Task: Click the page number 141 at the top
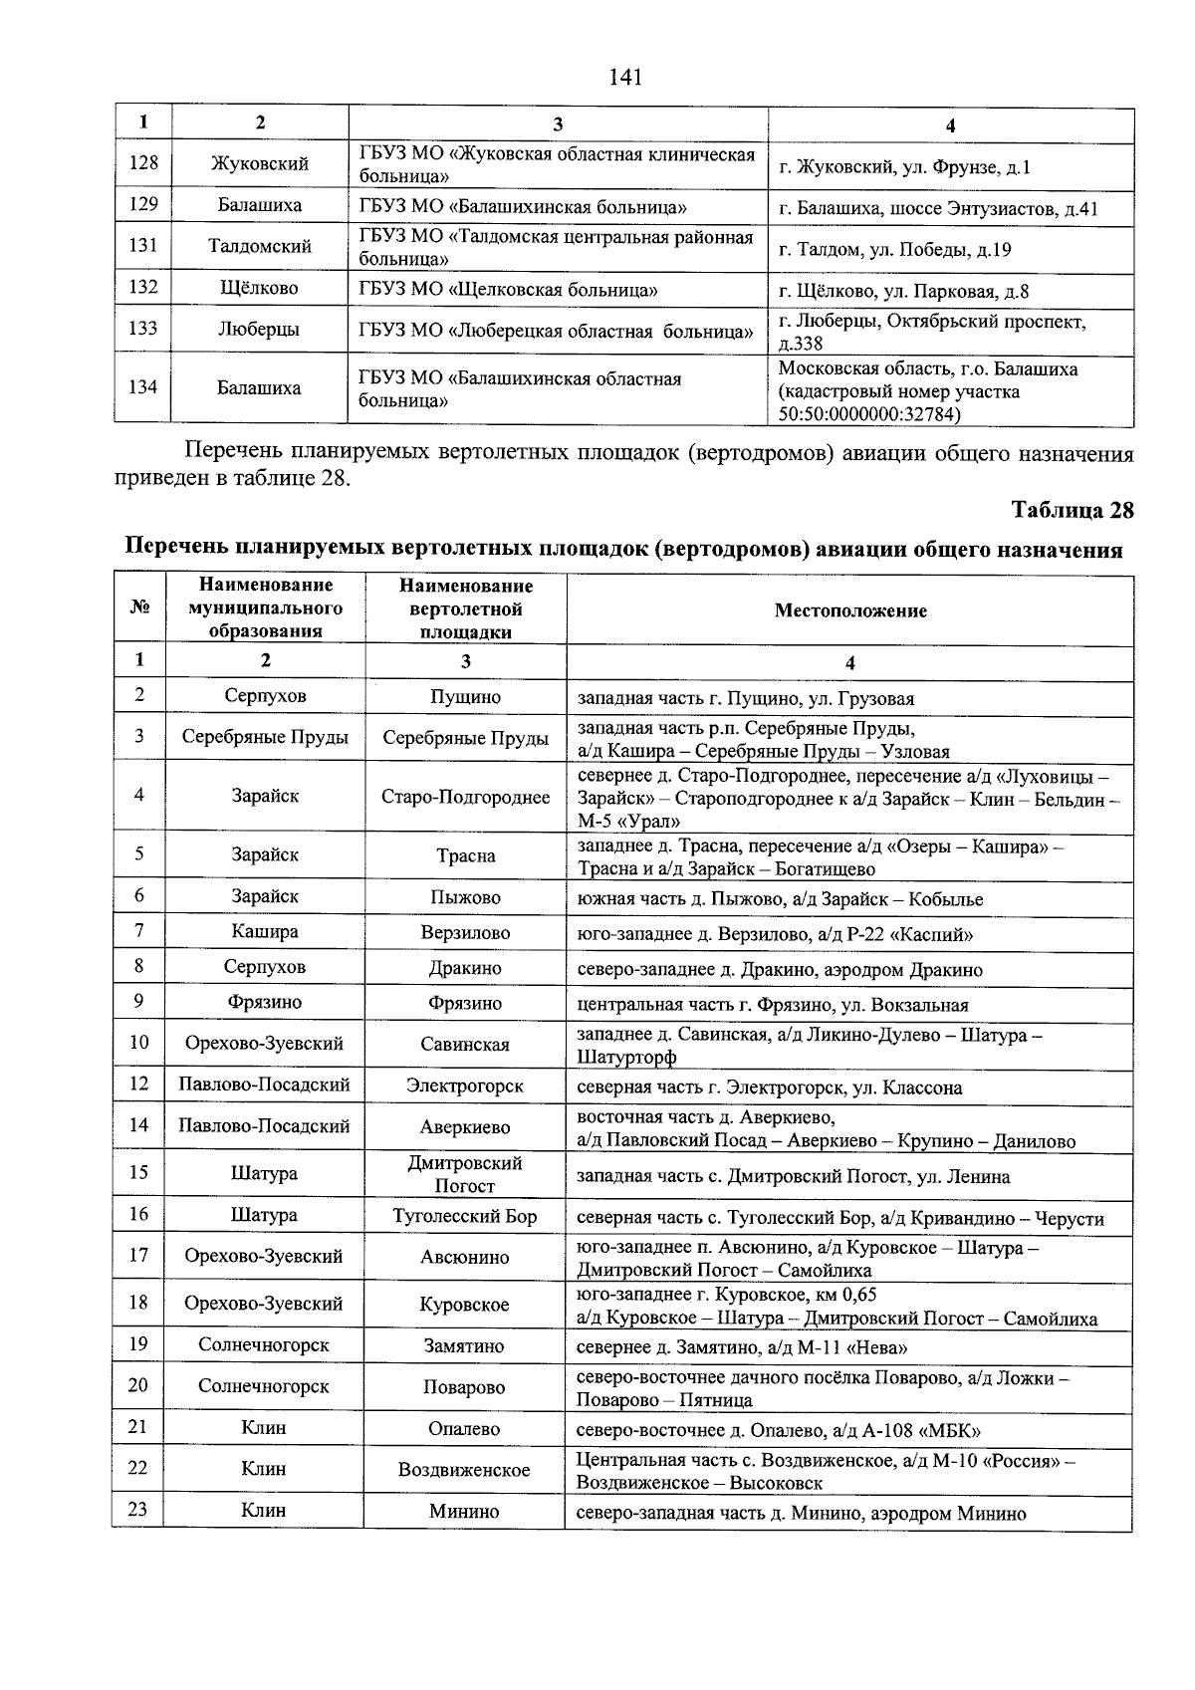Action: tap(624, 77)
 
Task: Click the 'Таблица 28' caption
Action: tap(1072, 510)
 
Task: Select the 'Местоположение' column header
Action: tap(849, 610)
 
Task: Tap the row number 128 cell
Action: tap(143, 162)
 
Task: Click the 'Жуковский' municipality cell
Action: tap(260, 163)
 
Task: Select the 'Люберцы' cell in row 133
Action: tap(259, 329)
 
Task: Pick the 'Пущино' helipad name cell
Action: tap(465, 697)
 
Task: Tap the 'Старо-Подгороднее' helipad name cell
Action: tap(465, 796)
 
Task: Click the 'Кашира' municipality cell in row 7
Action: tap(264, 931)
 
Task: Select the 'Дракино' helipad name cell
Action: tap(465, 968)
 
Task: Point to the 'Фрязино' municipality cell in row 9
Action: tap(264, 1002)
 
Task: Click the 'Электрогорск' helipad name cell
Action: tap(465, 1085)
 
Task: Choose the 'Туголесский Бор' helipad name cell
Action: tap(465, 1216)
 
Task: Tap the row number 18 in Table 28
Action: tap(138, 1303)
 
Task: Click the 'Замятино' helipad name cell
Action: tap(465, 1345)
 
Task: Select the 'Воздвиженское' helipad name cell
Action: tap(464, 1470)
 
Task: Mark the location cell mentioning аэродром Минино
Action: tap(801, 1513)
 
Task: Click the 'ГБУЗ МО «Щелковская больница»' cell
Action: tap(508, 290)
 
